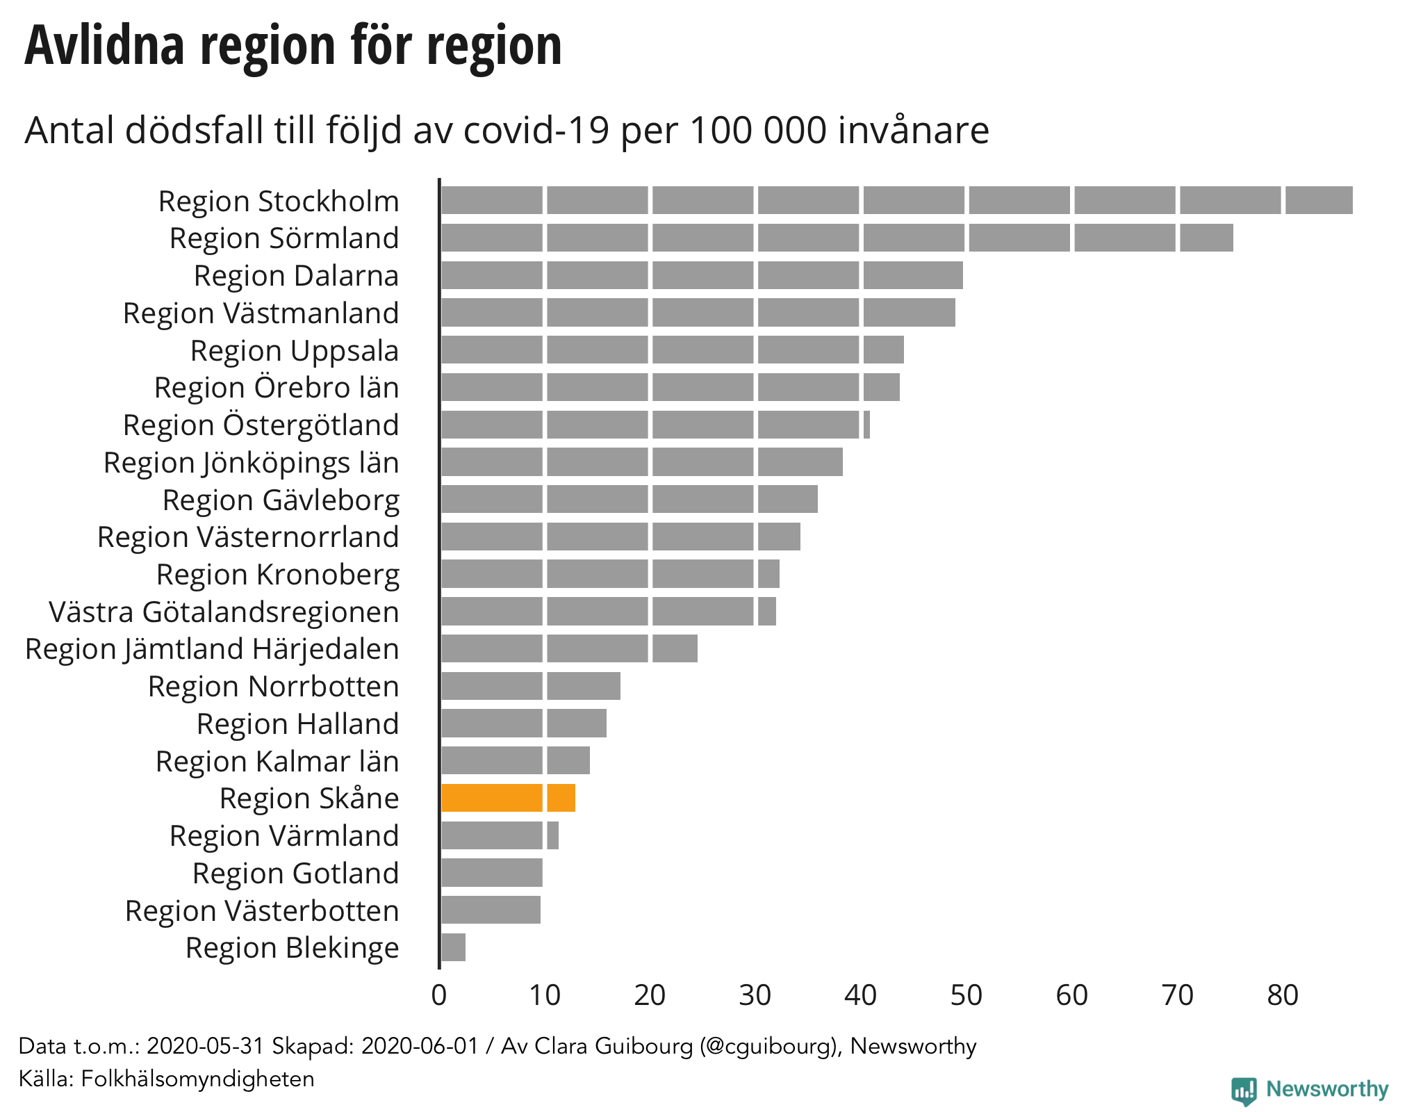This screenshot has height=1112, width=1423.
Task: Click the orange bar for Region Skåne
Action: [508, 798]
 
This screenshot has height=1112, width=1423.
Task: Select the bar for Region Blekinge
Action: [453, 947]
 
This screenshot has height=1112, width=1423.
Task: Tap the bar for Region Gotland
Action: [491, 873]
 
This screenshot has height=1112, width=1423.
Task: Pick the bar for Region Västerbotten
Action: [491, 910]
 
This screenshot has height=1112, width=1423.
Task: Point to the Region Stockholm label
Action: [279, 202]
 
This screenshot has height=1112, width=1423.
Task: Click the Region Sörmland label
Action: [284, 238]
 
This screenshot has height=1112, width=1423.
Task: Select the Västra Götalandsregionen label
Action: [224, 612]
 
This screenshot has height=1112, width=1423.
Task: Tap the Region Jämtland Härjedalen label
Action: [212, 649]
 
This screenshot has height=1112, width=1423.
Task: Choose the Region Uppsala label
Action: [295, 351]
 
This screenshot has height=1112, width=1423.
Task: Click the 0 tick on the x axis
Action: [439, 995]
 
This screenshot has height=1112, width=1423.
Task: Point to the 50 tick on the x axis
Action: [966, 995]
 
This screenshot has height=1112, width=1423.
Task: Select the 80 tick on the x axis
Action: [1282, 995]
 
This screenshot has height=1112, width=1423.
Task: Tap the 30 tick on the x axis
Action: [755, 995]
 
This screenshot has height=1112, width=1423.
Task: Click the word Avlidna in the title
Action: [104, 46]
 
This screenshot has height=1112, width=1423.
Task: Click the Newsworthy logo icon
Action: [1244, 1090]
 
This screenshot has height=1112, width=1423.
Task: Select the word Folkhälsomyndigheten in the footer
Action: [198, 1079]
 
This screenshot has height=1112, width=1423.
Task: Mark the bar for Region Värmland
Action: [500, 835]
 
